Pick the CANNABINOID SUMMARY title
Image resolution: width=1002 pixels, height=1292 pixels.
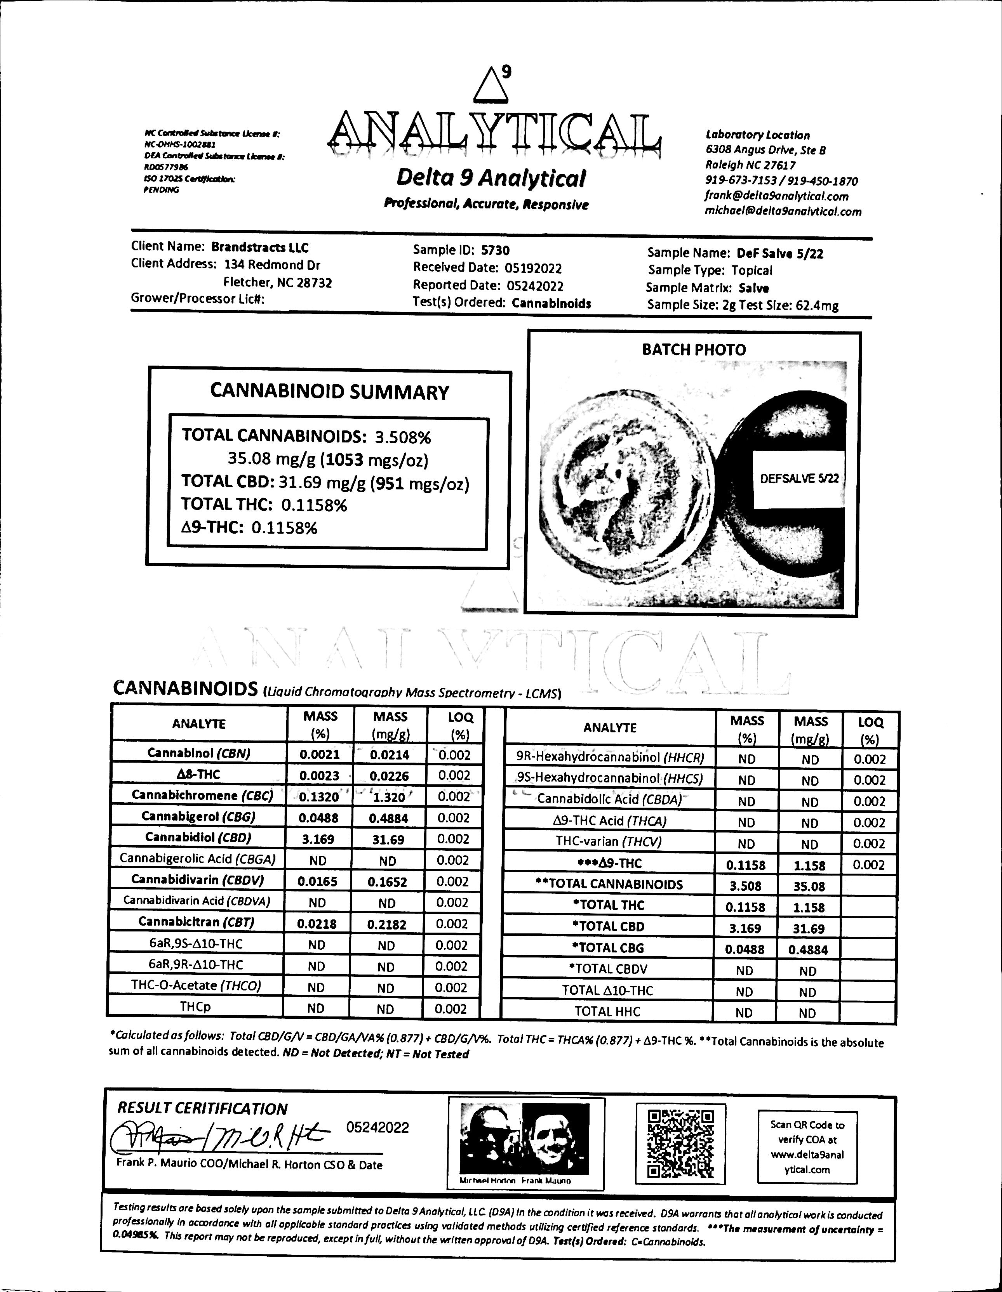click(x=330, y=392)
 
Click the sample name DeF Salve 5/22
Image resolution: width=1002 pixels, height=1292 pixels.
click(x=780, y=254)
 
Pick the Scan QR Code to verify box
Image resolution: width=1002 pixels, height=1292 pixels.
click(x=807, y=1147)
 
